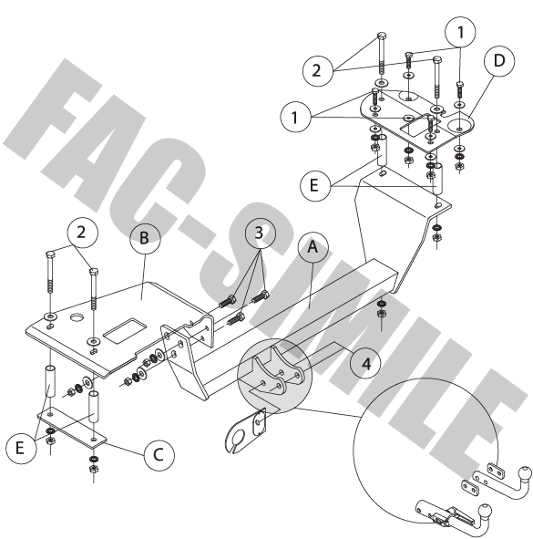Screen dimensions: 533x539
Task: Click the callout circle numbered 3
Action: (x=261, y=233)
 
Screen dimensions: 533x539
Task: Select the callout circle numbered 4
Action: (x=365, y=363)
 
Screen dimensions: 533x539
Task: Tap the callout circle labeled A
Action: (x=313, y=247)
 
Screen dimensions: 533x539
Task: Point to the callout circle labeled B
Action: (x=145, y=239)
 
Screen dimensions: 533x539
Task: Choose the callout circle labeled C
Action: (x=159, y=455)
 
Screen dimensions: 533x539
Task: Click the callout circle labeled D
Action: (x=499, y=61)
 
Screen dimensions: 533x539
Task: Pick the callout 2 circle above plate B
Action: (x=82, y=233)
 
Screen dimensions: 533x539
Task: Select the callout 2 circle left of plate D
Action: (x=318, y=71)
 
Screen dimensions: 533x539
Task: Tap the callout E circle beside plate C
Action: (x=21, y=448)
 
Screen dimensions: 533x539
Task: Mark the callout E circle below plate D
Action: (x=315, y=186)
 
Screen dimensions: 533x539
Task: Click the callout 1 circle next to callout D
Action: (x=460, y=32)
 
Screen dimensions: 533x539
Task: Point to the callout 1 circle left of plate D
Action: (x=296, y=118)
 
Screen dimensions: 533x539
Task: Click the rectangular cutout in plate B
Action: (x=125, y=331)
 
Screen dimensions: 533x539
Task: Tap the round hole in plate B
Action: (x=77, y=317)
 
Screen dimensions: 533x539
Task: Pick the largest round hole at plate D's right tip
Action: (x=460, y=126)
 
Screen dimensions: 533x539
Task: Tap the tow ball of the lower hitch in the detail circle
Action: (x=485, y=510)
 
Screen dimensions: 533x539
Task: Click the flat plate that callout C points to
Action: (x=72, y=429)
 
